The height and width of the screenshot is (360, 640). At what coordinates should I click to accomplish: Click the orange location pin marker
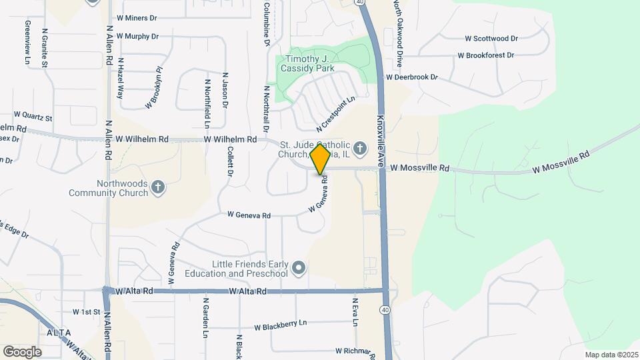pos(320,160)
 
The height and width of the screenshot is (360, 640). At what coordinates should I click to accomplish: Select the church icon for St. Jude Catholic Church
pos(359,147)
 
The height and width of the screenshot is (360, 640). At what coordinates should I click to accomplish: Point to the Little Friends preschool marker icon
pos(299,268)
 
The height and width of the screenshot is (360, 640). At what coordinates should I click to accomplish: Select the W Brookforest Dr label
pos(487,56)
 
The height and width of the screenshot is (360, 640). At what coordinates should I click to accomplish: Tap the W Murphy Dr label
pos(137,36)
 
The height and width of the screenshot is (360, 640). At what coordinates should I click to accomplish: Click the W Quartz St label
pos(33,117)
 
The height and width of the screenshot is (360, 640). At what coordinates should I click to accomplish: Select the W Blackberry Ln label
pos(280,325)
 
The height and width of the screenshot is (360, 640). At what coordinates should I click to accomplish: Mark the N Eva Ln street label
pos(356,312)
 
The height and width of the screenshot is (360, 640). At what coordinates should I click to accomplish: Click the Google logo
pos(22,351)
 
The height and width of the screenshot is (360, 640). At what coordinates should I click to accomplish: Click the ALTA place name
pos(59,332)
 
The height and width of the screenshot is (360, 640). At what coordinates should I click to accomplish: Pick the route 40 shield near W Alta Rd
pos(386,309)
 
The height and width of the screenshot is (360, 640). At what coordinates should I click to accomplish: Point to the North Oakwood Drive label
pos(397,33)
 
